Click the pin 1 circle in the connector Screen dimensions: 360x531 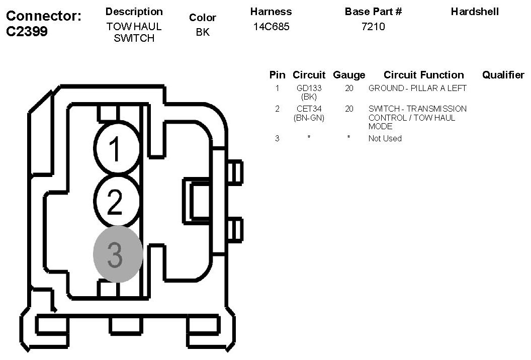click(x=117, y=149)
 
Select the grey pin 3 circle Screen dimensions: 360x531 click(x=118, y=254)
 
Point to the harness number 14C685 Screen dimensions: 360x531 click(x=271, y=27)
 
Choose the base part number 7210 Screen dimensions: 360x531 click(x=373, y=27)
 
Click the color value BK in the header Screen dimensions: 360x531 click(x=203, y=32)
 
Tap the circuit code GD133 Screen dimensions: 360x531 click(x=309, y=88)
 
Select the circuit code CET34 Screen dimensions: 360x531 click(x=309, y=109)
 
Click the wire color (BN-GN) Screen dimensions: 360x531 click(x=309, y=118)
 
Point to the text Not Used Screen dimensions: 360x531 click(x=385, y=139)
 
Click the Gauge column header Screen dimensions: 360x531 click(x=349, y=75)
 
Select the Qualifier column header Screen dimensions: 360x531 click(x=503, y=75)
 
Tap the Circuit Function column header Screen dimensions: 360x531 click(x=423, y=75)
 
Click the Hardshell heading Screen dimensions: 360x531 click(x=475, y=12)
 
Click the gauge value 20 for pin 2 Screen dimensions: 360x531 click(x=349, y=109)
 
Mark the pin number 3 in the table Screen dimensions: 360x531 click(x=277, y=139)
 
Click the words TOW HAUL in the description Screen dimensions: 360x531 click(x=134, y=27)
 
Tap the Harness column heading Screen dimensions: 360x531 click(x=271, y=12)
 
